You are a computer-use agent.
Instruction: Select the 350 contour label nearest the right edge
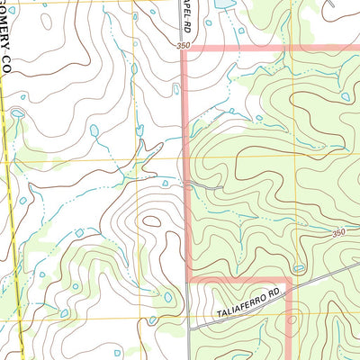[338, 233]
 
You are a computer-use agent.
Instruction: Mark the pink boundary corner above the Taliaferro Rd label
[287, 281]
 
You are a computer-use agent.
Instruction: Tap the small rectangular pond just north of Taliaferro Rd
[299, 267]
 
